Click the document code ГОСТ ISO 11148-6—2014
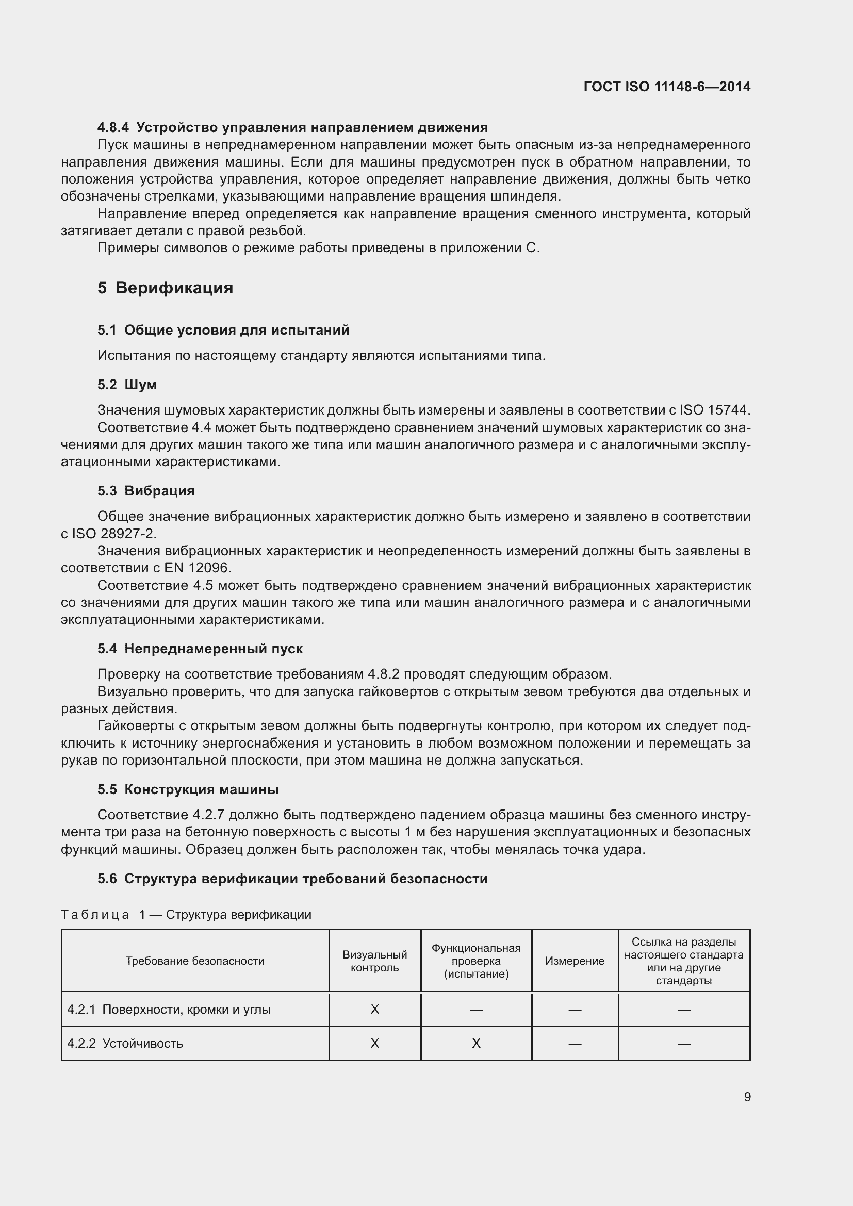click(x=666, y=87)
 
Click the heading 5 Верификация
click(x=165, y=288)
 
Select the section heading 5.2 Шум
click(x=126, y=385)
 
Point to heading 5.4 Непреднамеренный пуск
click(x=200, y=649)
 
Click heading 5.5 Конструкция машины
click(x=188, y=789)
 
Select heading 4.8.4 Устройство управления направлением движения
click(x=292, y=127)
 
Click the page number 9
click(x=747, y=1097)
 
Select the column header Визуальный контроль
click(x=374, y=961)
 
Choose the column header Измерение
click(x=575, y=961)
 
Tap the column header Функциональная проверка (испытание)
click(x=476, y=961)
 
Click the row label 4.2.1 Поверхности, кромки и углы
click(x=169, y=1010)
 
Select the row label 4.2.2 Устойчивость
click(x=125, y=1044)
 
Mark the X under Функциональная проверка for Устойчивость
click(x=476, y=1044)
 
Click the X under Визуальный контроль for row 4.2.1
click(x=374, y=1010)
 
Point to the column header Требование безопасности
click(x=194, y=961)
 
